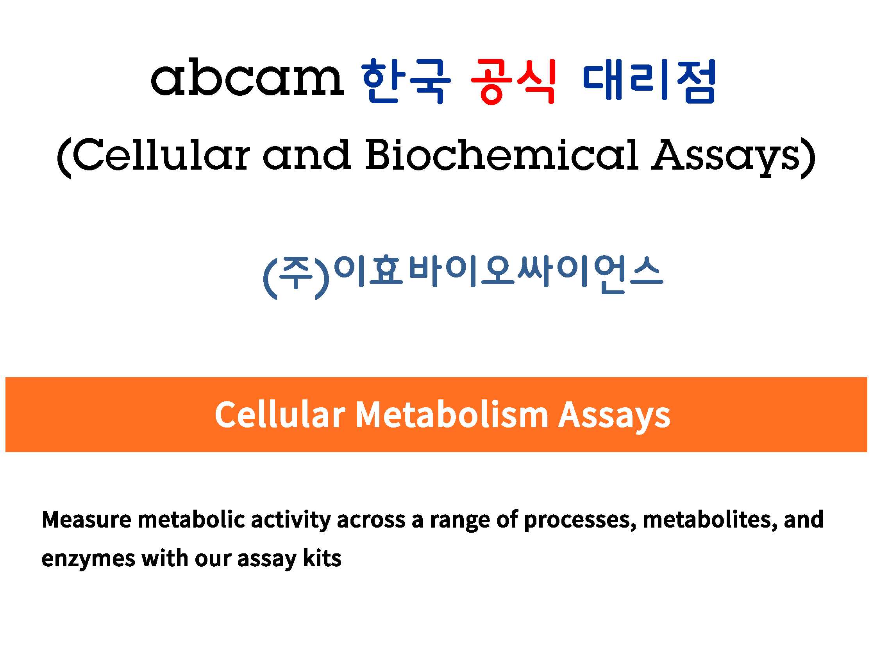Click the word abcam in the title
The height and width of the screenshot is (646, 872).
click(247, 77)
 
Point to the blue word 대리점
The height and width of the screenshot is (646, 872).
click(649, 81)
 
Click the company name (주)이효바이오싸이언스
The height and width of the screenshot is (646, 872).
click(463, 276)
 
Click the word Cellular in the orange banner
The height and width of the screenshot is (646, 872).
click(280, 415)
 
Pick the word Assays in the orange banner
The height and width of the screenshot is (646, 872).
click(615, 417)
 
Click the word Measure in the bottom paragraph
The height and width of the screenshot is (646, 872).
click(86, 520)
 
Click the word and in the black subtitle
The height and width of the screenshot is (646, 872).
click(307, 154)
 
